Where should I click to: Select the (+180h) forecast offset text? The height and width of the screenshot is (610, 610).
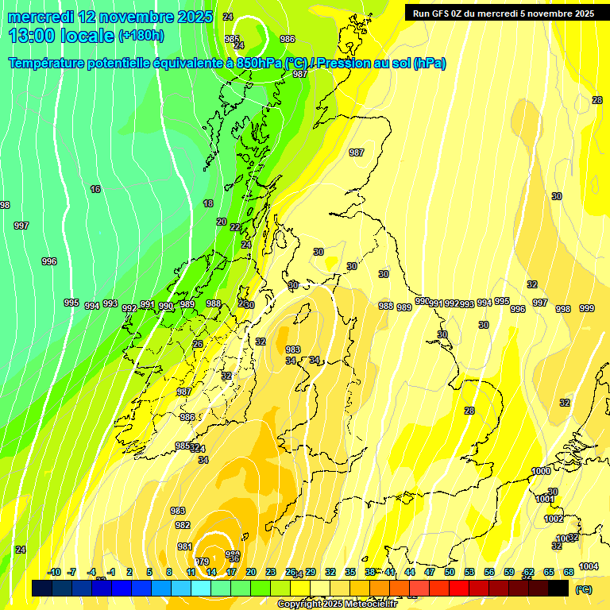pos(141,36)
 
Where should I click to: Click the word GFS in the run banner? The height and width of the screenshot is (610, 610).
pos(442,14)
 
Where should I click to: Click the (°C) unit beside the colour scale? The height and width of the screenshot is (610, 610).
pos(584,590)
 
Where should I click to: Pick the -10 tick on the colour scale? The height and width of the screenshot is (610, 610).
pos(55,573)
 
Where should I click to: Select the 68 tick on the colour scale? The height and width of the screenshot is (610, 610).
pos(569,573)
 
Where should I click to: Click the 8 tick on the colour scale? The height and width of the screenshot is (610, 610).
pos(169,573)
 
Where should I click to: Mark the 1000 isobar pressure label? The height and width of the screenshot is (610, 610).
pos(541,472)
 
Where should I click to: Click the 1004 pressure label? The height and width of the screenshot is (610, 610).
pos(589,566)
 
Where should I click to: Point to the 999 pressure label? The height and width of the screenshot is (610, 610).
pos(587,309)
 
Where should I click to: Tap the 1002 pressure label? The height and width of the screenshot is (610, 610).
pos(554,519)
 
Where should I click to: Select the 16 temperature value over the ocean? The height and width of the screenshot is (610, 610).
pos(95,189)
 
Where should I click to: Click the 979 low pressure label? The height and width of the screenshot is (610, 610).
pos(202,562)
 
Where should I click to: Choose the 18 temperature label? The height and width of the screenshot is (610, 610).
pos(208,204)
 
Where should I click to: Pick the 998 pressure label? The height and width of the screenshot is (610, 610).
pos(563,309)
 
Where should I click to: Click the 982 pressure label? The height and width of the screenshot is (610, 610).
pos(183,526)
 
